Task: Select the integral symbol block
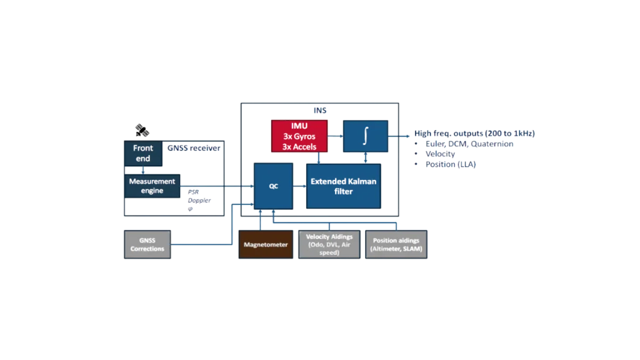coord(364,135)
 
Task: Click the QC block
coord(273,186)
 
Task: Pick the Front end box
coord(143,153)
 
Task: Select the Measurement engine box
coord(152,186)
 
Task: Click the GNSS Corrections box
coord(147,244)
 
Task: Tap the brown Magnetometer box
coord(266,244)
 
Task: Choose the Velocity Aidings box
coord(329,244)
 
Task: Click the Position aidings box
coord(397,244)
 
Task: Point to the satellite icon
coord(142,131)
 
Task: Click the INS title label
coord(321,110)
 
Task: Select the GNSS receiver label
coord(194,148)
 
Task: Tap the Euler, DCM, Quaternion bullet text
coord(469,144)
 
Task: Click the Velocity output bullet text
coord(440,154)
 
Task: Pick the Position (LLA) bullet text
coord(452,164)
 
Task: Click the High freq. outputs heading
coord(475,134)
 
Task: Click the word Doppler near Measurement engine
coord(200,200)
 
